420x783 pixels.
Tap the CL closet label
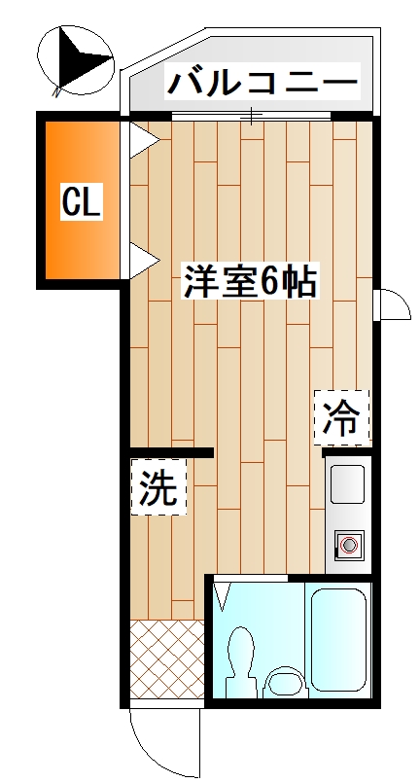click(x=83, y=202)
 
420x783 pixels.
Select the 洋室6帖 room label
click(x=250, y=281)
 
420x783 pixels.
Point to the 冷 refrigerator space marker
click(x=341, y=417)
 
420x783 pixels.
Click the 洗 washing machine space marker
click(x=159, y=488)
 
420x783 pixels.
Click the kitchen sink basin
click(x=347, y=483)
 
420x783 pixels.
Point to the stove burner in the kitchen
click(x=347, y=545)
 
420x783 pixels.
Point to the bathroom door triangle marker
click(x=223, y=592)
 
